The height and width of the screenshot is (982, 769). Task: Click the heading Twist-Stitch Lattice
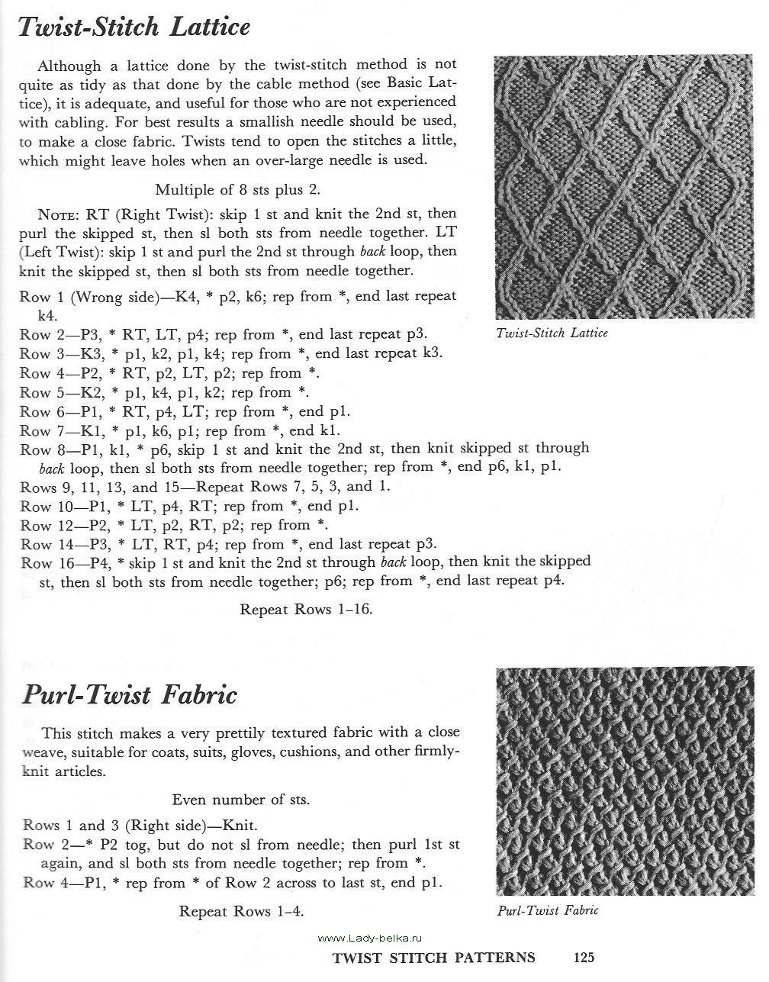134,28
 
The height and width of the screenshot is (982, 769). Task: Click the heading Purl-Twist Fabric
130,695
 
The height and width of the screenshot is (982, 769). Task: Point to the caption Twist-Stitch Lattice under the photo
552,333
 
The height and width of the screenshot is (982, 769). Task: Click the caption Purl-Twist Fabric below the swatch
548,910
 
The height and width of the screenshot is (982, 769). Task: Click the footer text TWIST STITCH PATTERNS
433,958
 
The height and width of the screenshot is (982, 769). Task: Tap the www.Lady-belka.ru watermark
369,938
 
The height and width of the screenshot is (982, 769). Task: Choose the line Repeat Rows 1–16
306,610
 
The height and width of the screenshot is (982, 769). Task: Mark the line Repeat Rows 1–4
246,911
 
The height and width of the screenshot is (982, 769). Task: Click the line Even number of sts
240,800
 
